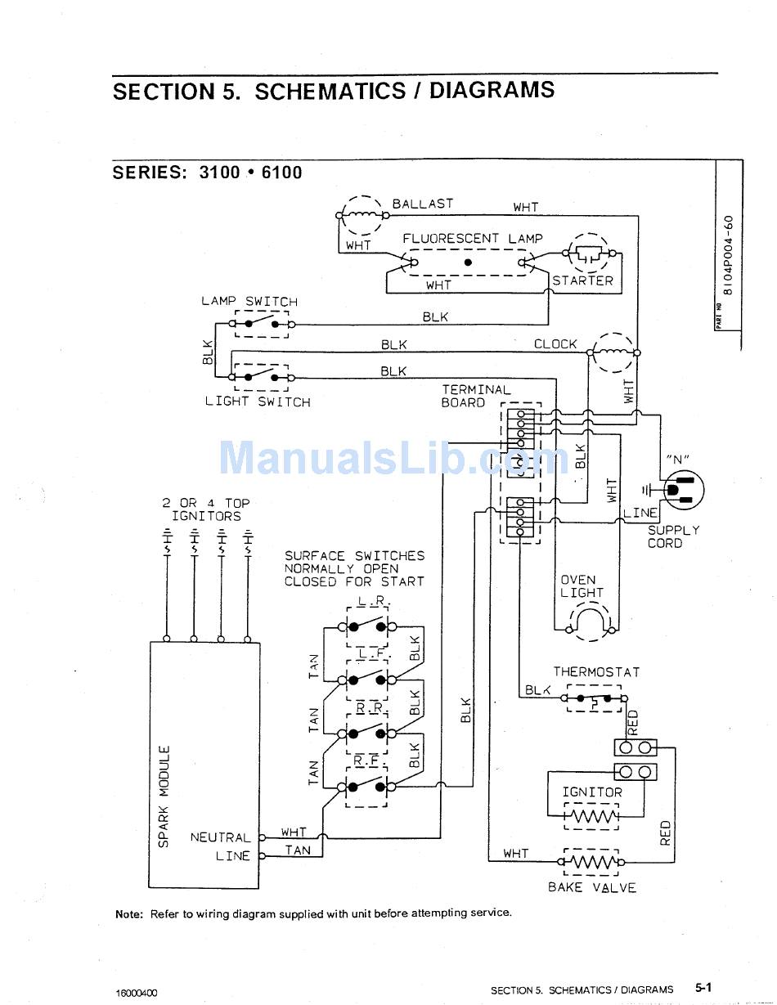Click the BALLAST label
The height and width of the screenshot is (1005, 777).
[x=422, y=204]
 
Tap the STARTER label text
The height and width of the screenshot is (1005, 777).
[x=582, y=280]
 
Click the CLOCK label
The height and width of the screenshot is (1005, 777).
[x=555, y=344]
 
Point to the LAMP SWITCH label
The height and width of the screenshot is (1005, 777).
[x=249, y=301]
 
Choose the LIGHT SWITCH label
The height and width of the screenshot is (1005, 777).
[x=258, y=402]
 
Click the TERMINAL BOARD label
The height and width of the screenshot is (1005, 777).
[x=476, y=397]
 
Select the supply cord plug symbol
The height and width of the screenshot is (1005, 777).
[x=679, y=490]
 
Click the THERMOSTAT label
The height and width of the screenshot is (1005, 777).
[x=596, y=672]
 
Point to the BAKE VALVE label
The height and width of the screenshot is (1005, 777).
[x=592, y=887]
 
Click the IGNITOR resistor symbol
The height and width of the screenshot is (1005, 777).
[x=591, y=816]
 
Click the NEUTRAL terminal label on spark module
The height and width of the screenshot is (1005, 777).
[x=220, y=837]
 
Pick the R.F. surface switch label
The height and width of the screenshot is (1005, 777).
[x=366, y=760]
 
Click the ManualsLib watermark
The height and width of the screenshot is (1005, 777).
[x=393, y=457]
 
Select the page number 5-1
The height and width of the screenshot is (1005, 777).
[x=703, y=988]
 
